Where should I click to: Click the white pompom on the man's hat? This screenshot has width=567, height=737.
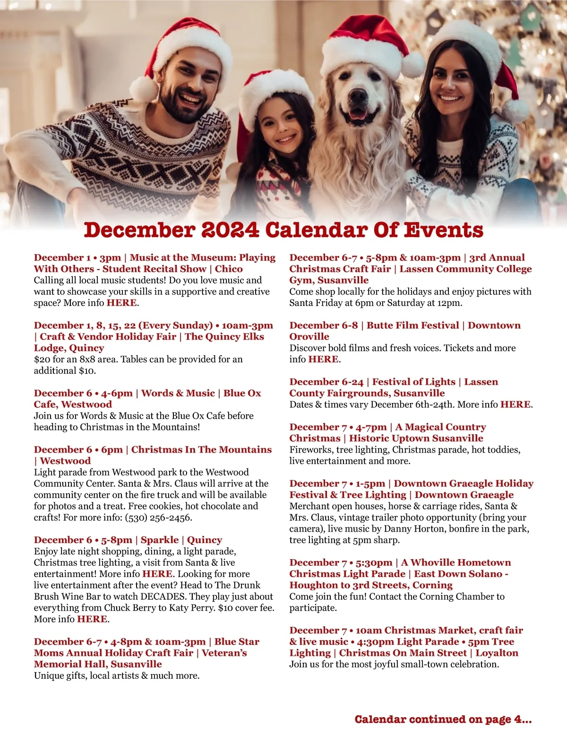click(x=143, y=88)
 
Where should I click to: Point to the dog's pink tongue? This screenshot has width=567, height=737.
click(x=357, y=114)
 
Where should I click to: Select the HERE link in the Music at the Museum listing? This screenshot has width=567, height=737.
click(x=122, y=303)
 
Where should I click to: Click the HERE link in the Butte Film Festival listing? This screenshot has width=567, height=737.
click(x=323, y=359)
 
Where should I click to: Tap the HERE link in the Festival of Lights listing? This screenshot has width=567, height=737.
click(x=515, y=404)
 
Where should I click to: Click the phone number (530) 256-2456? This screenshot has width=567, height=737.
click(x=158, y=518)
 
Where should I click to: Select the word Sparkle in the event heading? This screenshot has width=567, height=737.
click(x=160, y=540)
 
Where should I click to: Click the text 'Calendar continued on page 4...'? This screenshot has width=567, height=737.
click(x=443, y=719)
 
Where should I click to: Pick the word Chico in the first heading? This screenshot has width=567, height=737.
click(x=229, y=269)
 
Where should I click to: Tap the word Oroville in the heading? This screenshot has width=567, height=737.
click(x=309, y=337)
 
